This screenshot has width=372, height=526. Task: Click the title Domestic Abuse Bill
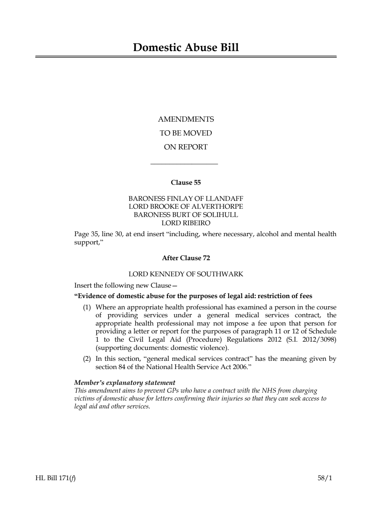186,48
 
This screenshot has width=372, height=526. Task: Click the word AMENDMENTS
186,119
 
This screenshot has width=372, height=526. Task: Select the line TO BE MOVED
186,133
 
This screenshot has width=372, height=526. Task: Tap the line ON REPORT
186,147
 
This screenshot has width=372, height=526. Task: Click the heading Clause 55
186,182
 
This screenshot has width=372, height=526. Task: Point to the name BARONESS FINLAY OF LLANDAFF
186,199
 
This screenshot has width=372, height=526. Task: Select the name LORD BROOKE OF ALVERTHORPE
186,206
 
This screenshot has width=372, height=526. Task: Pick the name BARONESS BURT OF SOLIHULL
186,215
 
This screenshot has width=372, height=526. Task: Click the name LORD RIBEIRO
186,223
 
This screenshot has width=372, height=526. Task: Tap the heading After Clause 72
186,258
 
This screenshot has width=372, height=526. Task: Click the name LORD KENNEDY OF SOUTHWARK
186,274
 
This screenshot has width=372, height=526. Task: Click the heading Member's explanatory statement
125,383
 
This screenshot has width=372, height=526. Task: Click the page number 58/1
325,478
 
